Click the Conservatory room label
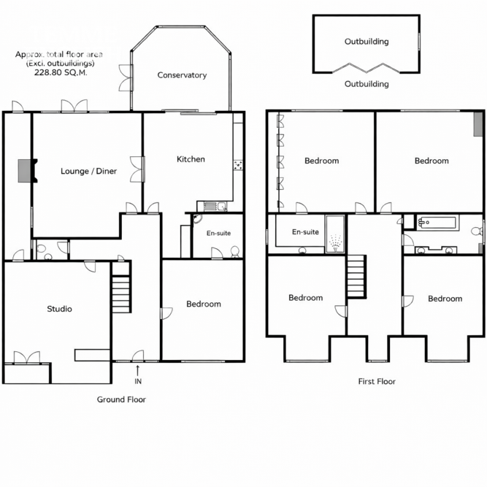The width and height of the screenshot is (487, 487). pyautogui.click(x=182, y=75)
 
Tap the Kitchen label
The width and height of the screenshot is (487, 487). pyautogui.click(x=191, y=159)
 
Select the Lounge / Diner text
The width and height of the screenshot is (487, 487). pyautogui.click(x=89, y=171)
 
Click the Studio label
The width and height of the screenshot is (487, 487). pyautogui.click(x=59, y=309)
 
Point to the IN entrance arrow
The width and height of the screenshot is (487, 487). pyautogui.click(x=137, y=371)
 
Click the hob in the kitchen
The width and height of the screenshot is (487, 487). pyautogui.click(x=238, y=165)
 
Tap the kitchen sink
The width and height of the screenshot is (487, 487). pyautogui.click(x=215, y=206)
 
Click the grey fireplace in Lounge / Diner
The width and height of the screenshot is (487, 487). pyautogui.click(x=25, y=171)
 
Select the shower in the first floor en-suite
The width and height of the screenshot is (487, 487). pyautogui.click(x=335, y=234)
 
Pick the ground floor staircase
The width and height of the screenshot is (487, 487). pyautogui.click(x=120, y=294)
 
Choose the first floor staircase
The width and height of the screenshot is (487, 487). pyautogui.click(x=356, y=277)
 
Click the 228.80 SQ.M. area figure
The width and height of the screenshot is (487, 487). pyautogui.click(x=61, y=73)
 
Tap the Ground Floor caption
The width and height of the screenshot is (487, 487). pyautogui.click(x=121, y=399)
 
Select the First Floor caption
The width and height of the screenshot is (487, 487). pyautogui.click(x=377, y=381)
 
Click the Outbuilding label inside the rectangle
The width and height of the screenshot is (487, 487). pyautogui.click(x=367, y=42)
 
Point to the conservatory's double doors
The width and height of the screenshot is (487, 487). pyautogui.click(x=126, y=77)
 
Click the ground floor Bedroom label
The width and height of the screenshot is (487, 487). pyautogui.click(x=204, y=304)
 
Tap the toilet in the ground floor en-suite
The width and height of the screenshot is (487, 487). pyautogui.click(x=235, y=252)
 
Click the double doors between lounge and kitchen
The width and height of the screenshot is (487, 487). pyautogui.click(x=137, y=169)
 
